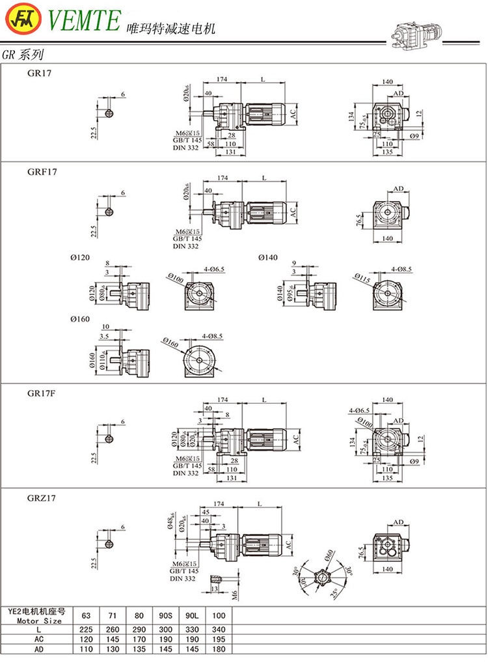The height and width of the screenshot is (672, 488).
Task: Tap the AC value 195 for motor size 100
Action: pos(218,639)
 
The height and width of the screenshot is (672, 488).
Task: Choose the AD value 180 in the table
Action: pos(218,649)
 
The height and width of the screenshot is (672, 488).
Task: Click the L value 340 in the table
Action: pos(218,630)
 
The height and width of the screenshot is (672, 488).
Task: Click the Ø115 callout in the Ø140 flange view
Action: pos(361,279)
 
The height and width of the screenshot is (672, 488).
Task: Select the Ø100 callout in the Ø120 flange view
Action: pos(175,279)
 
